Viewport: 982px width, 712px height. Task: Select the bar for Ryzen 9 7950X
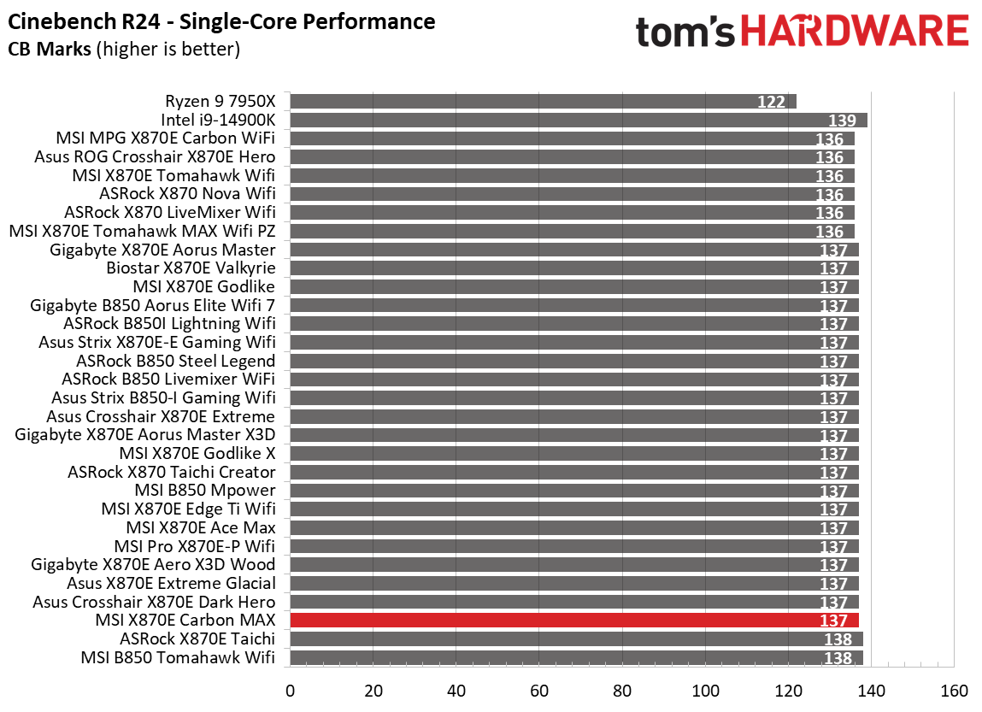click(x=543, y=102)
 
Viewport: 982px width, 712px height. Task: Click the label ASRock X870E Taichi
click(x=197, y=638)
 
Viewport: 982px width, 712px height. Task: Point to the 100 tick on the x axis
click(x=706, y=691)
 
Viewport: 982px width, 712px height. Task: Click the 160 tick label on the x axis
click(x=954, y=691)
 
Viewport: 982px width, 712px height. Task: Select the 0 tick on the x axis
click(x=291, y=691)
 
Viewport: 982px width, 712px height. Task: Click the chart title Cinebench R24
click(x=221, y=21)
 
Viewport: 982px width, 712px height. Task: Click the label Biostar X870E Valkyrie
click(x=191, y=268)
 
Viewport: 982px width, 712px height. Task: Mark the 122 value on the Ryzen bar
click(x=771, y=103)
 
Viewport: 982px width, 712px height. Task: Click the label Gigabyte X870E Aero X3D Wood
click(x=153, y=564)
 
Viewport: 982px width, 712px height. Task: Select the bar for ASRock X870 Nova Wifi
click(x=572, y=194)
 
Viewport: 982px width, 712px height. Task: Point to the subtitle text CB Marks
click(x=50, y=50)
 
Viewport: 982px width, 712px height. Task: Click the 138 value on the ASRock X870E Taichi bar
click(x=838, y=639)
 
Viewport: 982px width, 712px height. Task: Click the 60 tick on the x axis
click(x=539, y=691)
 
